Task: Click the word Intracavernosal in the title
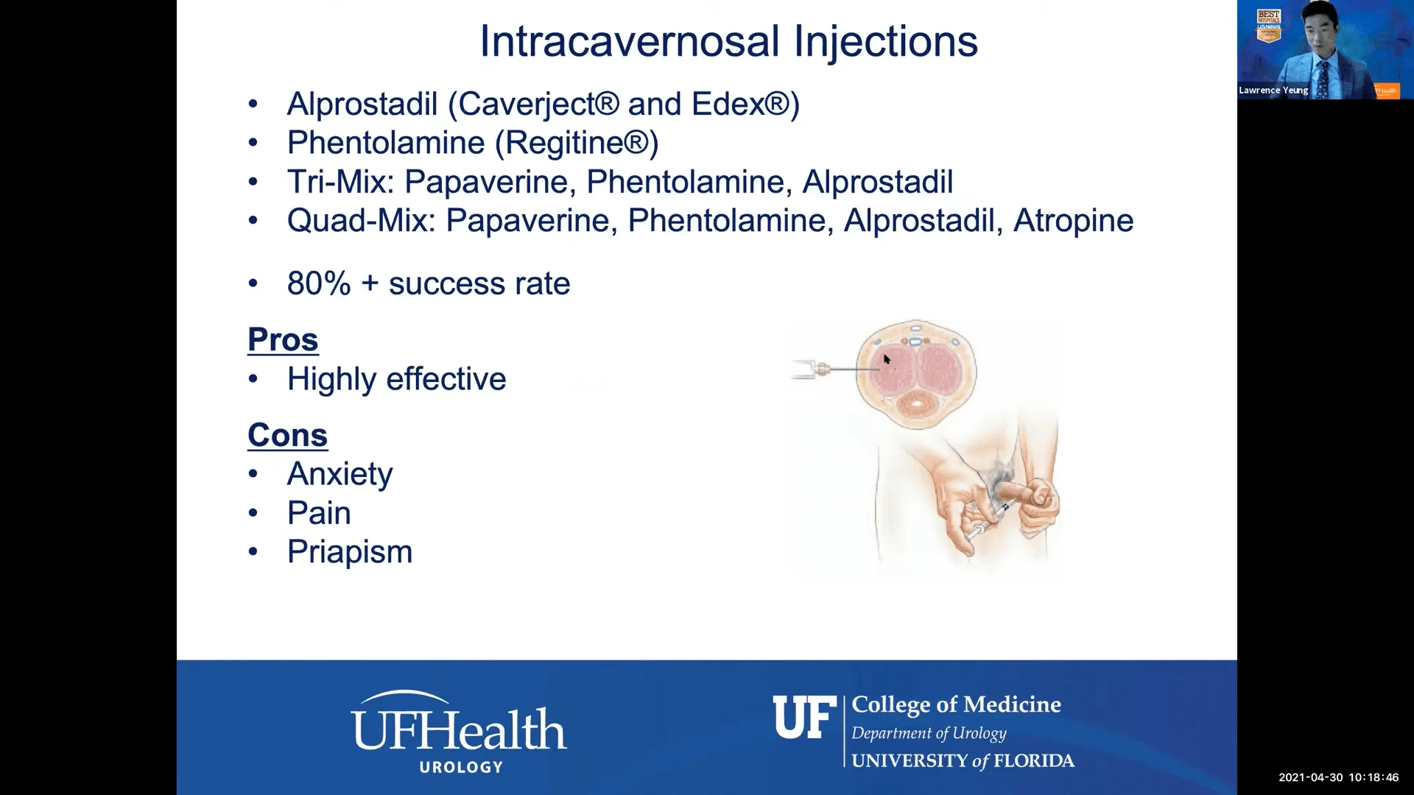[630, 41]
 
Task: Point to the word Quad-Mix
[362, 221]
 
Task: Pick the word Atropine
[1073, 221]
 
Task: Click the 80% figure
[319, 283]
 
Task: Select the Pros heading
[283, 339]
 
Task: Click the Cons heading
[287, 435]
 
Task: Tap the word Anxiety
[340, 474]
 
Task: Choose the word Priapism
[350, 552]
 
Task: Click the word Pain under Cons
[319, 513]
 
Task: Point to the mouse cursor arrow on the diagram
[887, 359]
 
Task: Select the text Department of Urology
[929, 733]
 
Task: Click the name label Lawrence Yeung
[1273, 91]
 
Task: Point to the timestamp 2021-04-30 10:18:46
[1338, 777]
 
